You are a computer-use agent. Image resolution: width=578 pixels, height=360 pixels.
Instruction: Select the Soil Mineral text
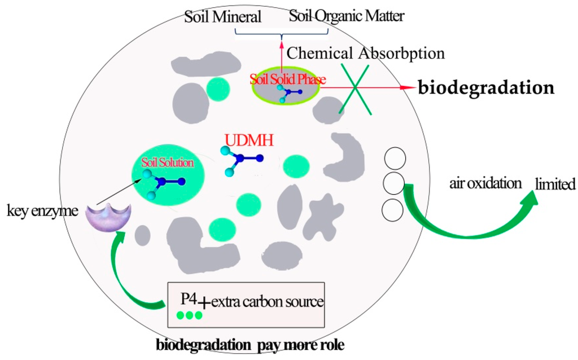point(223,17)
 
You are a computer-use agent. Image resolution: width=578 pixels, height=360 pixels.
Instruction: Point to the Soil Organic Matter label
point(347,16)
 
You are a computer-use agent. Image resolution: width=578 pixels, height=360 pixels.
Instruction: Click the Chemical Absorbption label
point(366,54)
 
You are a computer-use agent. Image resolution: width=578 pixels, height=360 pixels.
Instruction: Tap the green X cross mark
point(354,89)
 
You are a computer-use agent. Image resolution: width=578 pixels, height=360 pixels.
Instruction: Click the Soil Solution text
point(168,163)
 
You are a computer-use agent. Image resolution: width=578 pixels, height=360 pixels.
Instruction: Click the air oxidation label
point(485,183)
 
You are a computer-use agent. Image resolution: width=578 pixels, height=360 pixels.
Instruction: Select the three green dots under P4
point(189,315)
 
